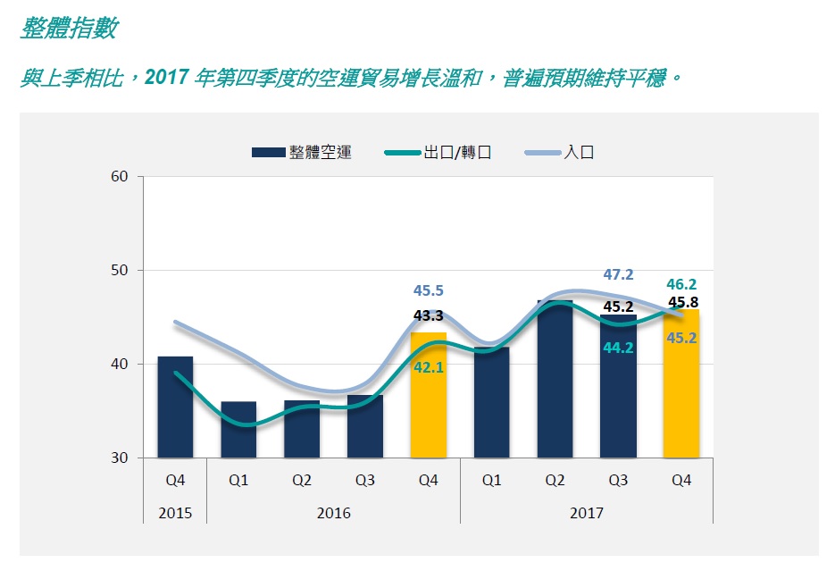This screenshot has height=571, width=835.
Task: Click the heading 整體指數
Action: [69, 29]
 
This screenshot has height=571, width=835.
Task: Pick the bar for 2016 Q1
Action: [238, 429]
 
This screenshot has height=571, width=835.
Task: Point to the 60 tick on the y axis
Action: [121, 177]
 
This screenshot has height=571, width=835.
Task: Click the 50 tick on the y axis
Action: [121, 271]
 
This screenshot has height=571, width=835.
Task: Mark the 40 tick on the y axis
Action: [121, 365]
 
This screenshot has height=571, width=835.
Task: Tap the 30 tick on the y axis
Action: [121, 458]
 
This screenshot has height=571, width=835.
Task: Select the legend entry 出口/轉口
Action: [456, 153]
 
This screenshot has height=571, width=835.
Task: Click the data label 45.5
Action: [429, 290]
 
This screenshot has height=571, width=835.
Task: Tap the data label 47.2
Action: [618, 274]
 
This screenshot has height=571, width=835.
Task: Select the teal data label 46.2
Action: [681, 284]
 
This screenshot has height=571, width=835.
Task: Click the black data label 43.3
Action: [429, 315]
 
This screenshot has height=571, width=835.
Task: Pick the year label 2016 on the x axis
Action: [333, 513]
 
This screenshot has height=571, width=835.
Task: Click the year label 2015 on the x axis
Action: [175, 513]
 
